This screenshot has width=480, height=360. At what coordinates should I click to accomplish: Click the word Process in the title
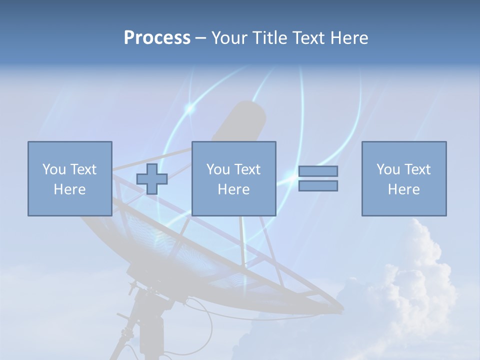(x=157, y=38)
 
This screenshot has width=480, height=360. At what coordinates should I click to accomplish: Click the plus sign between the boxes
(x=152, y=179)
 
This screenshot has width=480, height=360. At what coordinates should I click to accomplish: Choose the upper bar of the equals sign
(x=318, y=171)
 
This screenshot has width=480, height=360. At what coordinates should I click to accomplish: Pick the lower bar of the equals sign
(x=318, y=185)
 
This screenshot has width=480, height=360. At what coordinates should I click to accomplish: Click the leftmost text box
(x=69, y=178)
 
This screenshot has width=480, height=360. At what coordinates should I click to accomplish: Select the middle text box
(x=233, y=178)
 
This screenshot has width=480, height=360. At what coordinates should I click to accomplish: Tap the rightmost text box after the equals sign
(x=403, y=178)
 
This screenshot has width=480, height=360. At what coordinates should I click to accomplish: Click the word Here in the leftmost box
(x=69, y=189)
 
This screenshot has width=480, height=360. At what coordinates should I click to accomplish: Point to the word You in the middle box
(x=218, y=169)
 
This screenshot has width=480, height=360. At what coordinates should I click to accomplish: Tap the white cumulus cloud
(x=415, y=280)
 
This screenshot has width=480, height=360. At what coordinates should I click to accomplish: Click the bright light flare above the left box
(x=189, y=107)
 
